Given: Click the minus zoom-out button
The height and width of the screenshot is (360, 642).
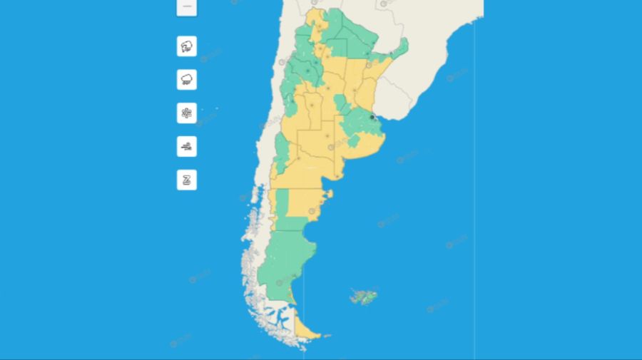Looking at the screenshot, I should pos(187,6).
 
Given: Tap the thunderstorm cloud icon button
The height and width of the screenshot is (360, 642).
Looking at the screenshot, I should pos(187,47).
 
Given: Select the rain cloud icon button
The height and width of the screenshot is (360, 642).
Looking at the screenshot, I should pos(187,80).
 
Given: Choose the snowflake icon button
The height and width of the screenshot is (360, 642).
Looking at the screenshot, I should pos(187,113).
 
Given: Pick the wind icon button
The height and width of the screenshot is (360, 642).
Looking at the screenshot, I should pos(187,147).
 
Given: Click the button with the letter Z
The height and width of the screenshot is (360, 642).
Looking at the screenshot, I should pos(187,180).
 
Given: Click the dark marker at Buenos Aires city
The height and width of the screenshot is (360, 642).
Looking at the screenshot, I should pos(372,117).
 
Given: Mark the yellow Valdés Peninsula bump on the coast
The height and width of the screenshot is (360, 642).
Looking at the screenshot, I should pos(328,194).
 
